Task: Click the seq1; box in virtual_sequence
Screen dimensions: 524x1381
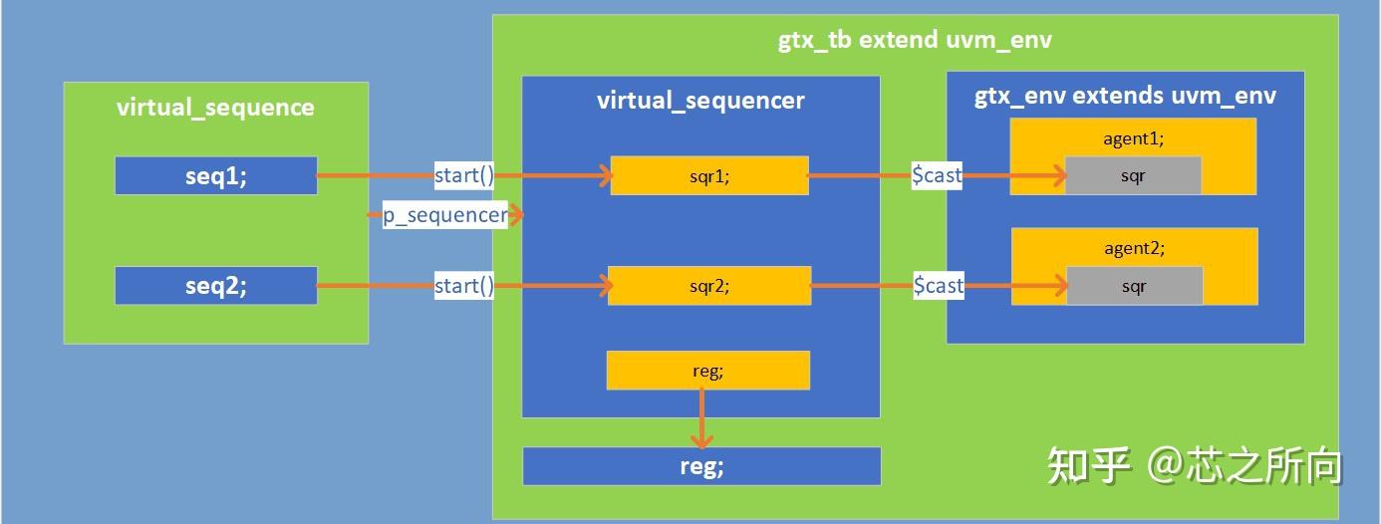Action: pos(216,176)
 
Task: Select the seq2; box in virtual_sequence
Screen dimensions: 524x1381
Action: pos(216,286)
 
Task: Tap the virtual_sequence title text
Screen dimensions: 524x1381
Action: pos(215,108)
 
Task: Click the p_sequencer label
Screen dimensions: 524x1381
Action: pos(445,215)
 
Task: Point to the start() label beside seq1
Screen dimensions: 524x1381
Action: pos(464,176)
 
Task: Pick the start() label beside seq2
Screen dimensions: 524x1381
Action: pos(464,286)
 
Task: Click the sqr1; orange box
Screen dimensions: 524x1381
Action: pos(708,176)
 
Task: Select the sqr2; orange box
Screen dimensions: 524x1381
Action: pos(708,286)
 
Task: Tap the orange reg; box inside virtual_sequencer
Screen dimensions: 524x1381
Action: pos(707,371)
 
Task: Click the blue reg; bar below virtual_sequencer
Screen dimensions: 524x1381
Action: pos(701,466)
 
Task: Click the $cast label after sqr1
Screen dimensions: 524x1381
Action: pos(938,176)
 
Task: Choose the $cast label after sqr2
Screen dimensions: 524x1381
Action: pos(939,286)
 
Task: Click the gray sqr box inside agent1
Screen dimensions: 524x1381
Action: pos(1133,176)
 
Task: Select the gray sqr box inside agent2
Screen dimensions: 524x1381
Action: pos(1134,286)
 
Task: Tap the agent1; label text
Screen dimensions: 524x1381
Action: pos(1133,138)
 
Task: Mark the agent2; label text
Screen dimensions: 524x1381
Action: pos(1134,248)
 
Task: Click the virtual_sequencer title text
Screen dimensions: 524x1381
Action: pos(700,101)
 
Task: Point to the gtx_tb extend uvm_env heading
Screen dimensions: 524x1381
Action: pos(915,40)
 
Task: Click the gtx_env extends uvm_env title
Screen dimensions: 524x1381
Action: pos(1125,97)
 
